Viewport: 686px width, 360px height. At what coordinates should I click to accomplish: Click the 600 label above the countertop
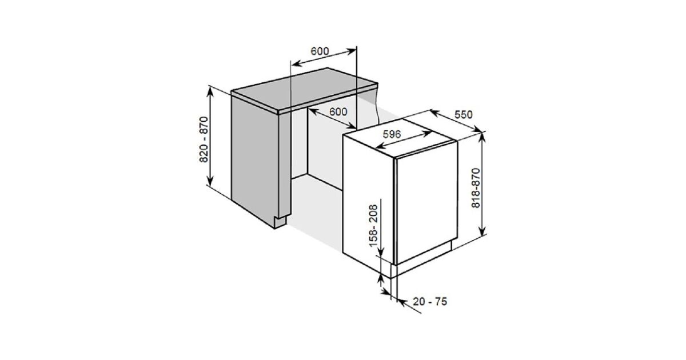[320, 51]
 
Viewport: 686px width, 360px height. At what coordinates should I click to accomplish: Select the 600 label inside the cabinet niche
[338, 112]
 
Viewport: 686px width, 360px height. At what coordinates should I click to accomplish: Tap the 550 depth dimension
[464, 114]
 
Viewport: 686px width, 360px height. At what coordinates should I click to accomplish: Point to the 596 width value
[392, 134]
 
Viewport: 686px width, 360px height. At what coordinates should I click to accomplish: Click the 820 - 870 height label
[204, 139]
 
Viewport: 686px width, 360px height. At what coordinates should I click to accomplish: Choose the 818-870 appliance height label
[476, 188]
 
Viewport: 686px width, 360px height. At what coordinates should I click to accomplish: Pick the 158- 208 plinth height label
[373, 226]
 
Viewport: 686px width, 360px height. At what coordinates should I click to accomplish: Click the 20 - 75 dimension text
[430, 302]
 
